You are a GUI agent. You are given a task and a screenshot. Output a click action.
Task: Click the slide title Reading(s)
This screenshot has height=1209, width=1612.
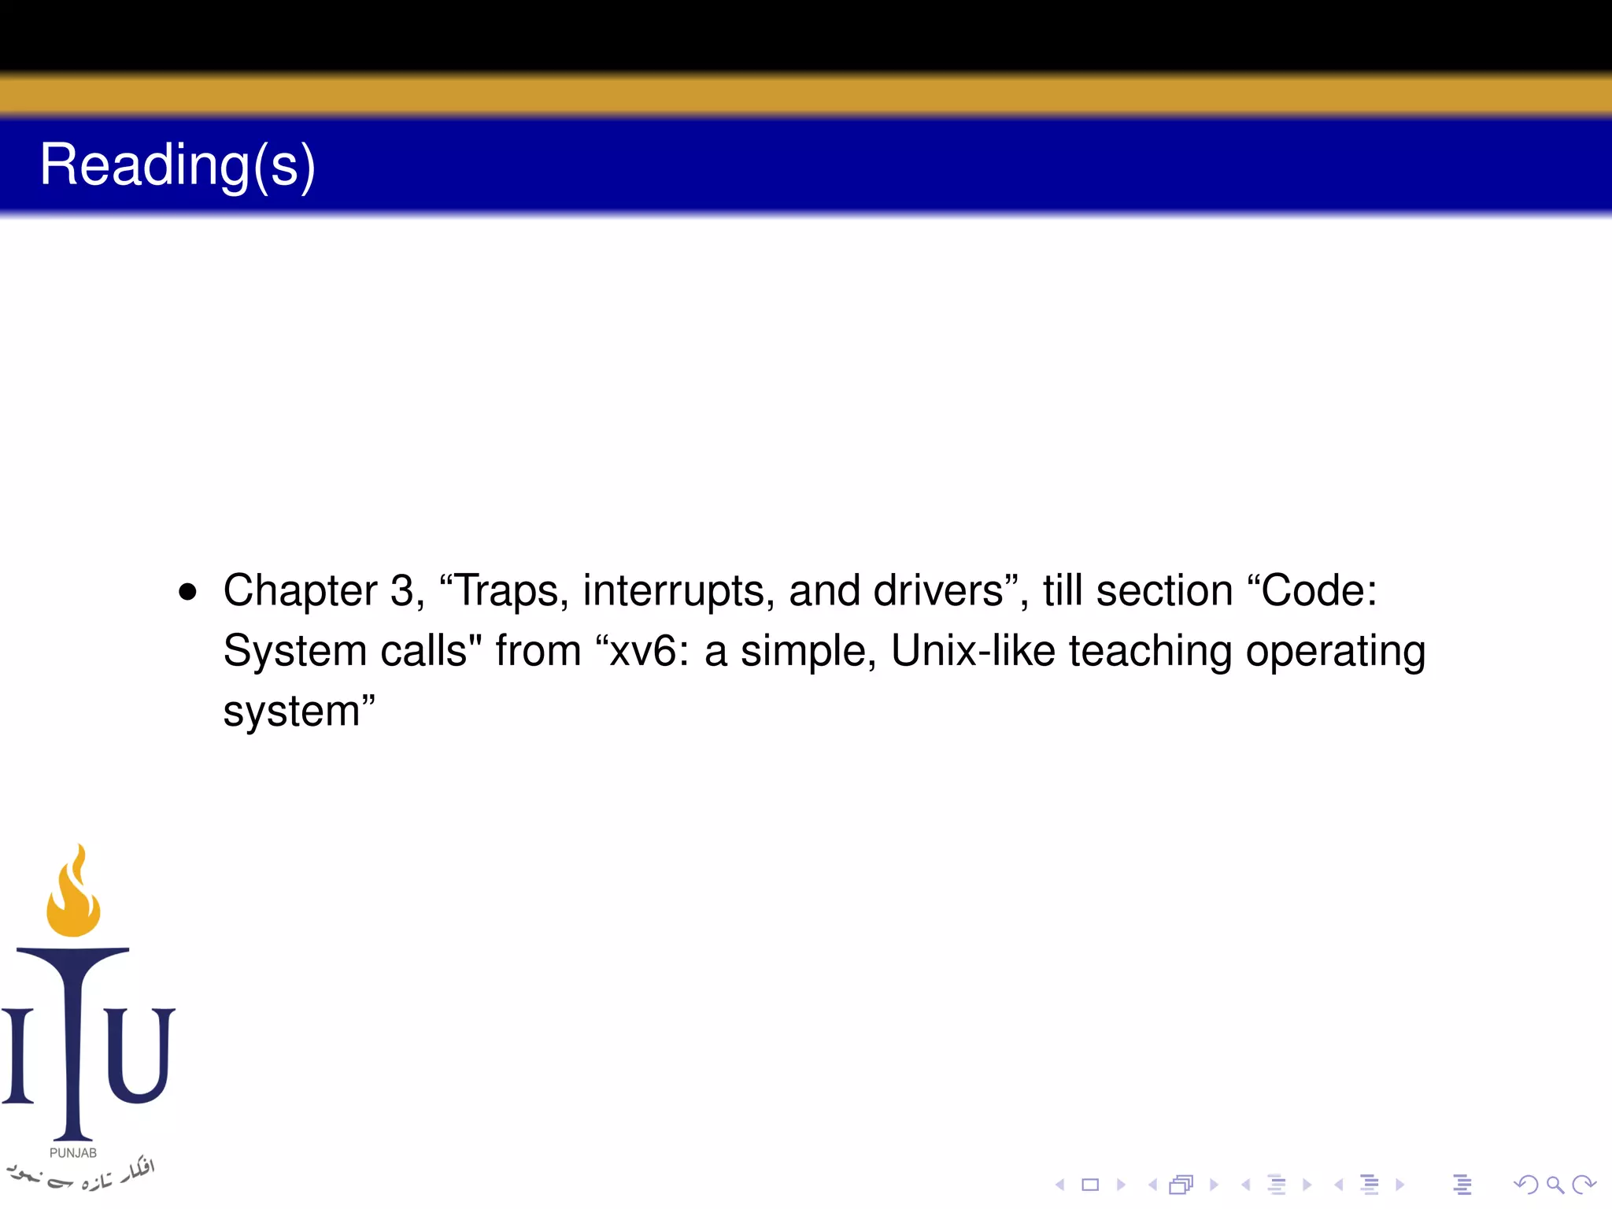pyautogui.click(x=177, y=165)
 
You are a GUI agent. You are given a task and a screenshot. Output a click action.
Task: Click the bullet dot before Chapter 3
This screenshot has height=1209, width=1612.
pyautogui.click(x=187, y=592)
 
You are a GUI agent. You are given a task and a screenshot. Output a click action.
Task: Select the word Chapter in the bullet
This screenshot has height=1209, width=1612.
pyautogui.click(x=301, y=591)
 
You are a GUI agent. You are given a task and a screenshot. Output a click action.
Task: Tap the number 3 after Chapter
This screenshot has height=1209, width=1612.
pyautogui.click(x=402, y=591)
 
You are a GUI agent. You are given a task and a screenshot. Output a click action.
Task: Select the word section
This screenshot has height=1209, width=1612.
pyautogui.click(x=1164, y=591)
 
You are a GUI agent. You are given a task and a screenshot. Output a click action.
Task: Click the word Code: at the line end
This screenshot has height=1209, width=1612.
pyautogui.click(x=1318, y=591)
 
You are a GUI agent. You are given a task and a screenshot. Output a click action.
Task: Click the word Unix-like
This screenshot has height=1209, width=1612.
pyautogui.click(x=973, y=652)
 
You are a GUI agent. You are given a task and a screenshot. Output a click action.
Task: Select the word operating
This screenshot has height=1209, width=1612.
pyautogui.click(x=1335, y=652)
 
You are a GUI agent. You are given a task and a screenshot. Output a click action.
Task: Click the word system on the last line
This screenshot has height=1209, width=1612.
pyautogui.click(x=291, y=712)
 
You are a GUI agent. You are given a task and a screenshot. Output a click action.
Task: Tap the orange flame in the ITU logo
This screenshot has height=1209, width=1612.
pyautogui.click(x=74, y=893)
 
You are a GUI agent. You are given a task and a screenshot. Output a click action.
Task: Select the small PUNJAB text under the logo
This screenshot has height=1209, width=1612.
pyautogui.click(x=73, y=1153)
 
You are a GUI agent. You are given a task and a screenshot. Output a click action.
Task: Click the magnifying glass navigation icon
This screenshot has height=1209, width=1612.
pyautogui.click(x=1555, y=1185)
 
